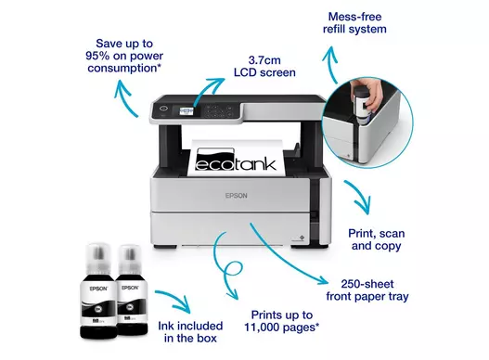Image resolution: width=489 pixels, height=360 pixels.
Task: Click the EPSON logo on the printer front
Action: tap(236, 196)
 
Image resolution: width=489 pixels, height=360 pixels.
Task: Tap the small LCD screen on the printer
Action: tap(187, 111)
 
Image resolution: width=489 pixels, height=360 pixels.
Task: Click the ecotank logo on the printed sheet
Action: tap(236, 160)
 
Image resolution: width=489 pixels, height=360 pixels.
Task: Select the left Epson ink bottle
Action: tap(98, 290)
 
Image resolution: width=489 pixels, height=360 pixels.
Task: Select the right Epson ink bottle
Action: tap(131, 289)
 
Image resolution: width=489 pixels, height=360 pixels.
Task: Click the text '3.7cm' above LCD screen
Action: tap(264, 60)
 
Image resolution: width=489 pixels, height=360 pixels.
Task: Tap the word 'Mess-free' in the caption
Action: tap(354, 17)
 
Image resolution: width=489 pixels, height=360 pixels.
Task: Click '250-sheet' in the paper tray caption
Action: tap(367, 284)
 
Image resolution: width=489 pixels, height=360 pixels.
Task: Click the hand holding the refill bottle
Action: tap(370, 93)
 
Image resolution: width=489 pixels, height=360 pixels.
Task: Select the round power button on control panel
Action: tap(163, 109)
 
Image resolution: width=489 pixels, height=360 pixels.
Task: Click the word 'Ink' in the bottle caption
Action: tap(165, 326)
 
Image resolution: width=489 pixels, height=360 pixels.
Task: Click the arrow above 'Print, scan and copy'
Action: tap(359, 196)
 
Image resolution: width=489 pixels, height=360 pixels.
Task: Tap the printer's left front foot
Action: tap(165, 247)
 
